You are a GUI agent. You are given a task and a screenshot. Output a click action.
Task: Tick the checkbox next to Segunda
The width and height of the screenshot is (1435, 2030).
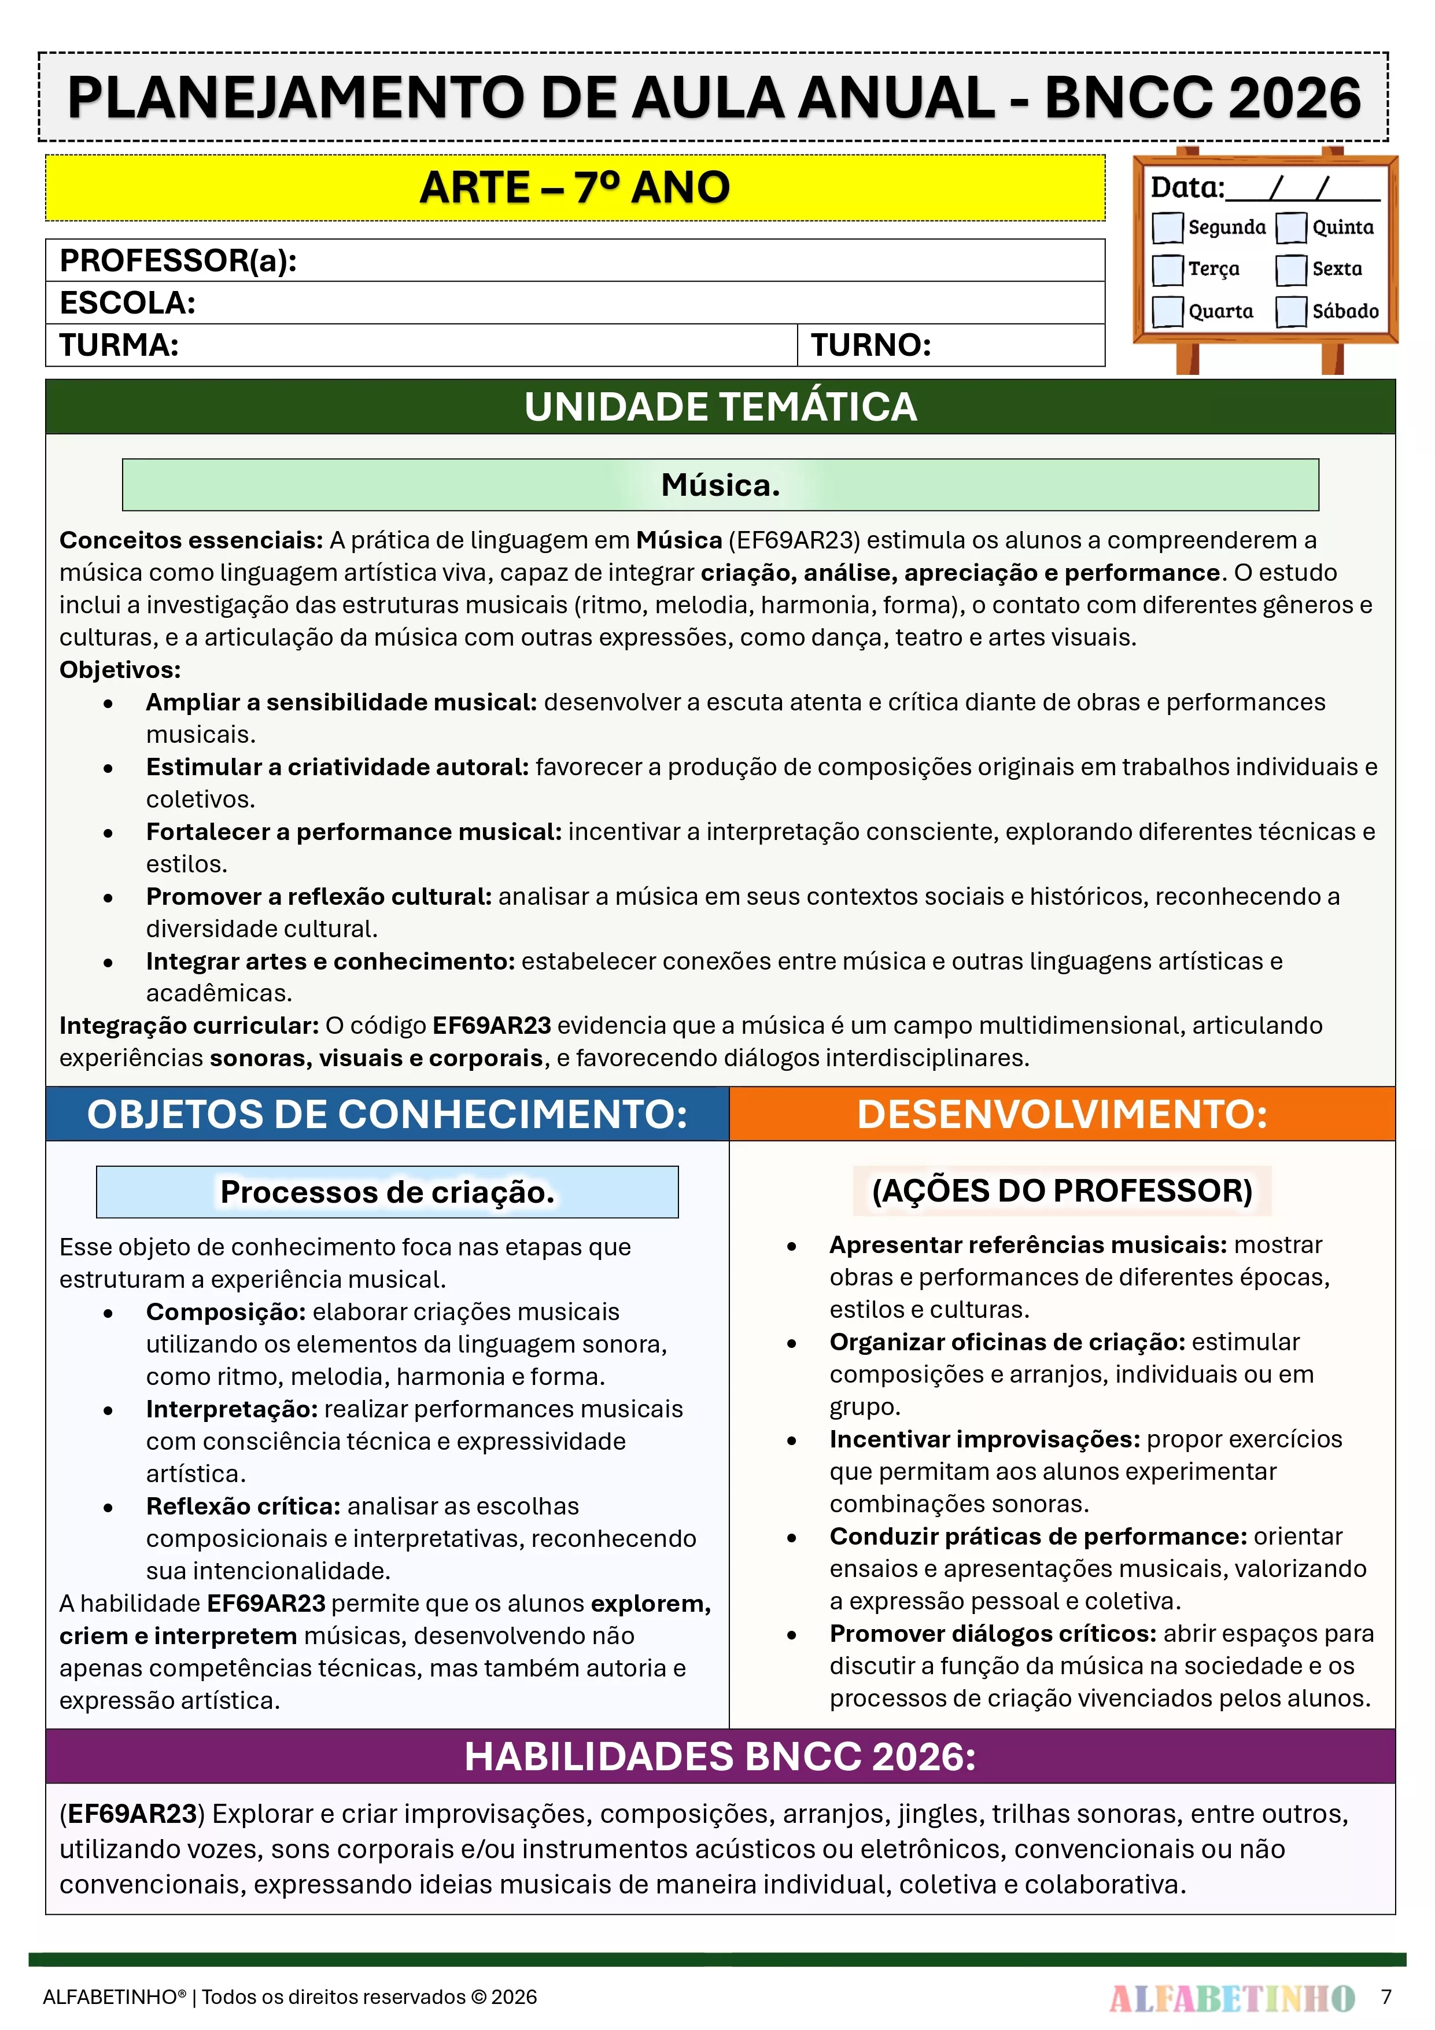1167,227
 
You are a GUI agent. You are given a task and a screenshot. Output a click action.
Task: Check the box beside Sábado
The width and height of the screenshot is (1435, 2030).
1291,311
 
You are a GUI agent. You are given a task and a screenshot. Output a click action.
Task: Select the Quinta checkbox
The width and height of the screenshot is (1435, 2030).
1291,227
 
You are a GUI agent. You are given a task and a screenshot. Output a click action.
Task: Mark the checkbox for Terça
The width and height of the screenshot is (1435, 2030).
1167,270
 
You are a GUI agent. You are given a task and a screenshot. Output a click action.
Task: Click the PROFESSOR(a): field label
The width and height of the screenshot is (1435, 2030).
178,261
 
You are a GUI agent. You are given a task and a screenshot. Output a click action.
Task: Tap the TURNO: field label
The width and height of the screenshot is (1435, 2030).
871,345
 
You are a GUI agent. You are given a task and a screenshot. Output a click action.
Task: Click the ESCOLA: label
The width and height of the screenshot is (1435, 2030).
127,303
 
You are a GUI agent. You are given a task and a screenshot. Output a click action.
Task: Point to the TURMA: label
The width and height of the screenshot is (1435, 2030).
119,345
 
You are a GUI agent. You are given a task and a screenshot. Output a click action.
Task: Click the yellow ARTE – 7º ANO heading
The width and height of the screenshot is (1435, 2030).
575,187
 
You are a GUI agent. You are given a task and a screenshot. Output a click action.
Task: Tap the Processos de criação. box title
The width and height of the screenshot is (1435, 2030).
388,1192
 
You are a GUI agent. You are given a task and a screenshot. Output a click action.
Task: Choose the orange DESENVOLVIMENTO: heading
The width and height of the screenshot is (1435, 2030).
1062,1114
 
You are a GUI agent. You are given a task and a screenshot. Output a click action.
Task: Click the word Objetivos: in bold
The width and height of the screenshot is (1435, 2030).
120,669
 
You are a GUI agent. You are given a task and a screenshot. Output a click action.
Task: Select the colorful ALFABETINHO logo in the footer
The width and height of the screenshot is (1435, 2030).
1231,1997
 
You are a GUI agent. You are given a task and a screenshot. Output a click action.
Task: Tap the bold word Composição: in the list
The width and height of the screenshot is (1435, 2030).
226,1312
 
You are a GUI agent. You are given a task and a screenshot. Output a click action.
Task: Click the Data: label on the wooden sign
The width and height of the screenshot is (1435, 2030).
1186,187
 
